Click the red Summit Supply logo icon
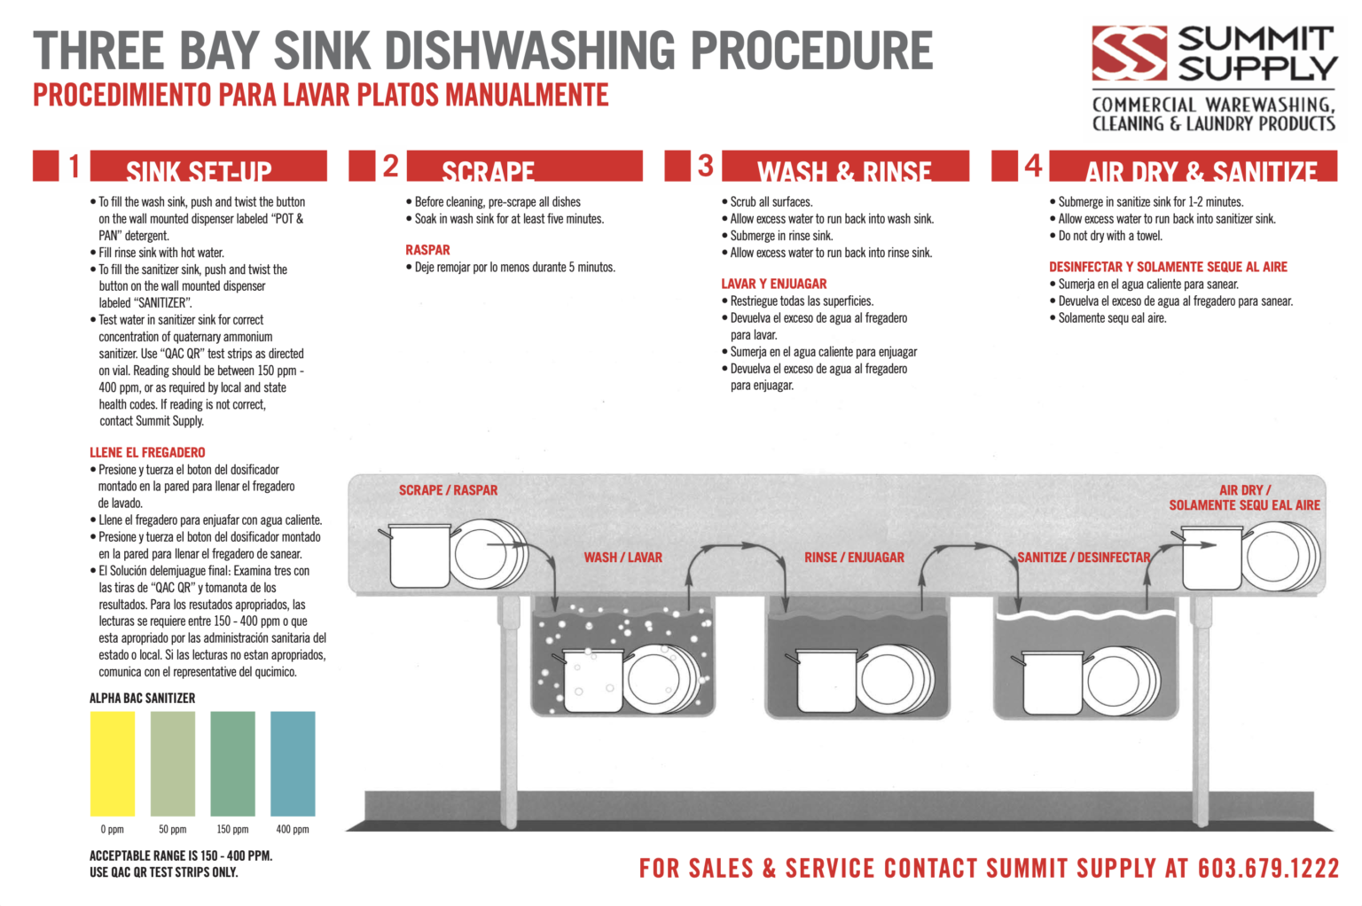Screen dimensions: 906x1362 (1129, 53)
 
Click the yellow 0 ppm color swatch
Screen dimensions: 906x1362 (113, 763)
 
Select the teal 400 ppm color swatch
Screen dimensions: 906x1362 (293, 763)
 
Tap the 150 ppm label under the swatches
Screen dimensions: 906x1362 (232, 830)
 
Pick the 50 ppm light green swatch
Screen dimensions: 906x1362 (173, 763)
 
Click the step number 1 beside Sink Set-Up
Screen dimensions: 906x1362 (74, 166)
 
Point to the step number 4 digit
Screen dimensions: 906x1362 (1033, 166)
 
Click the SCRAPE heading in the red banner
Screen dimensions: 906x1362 (488, 170)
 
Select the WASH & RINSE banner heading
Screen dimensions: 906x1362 (844, 170)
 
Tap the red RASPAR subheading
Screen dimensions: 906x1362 (427, 250)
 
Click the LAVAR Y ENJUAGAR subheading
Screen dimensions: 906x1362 (773, 284)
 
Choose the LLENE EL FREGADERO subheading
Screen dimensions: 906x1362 (147, 452)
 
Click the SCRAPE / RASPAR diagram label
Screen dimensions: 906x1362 (448, 490)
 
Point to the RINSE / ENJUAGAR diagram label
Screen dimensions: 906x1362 (854, 558)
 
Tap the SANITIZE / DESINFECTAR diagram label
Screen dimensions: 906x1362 (1084, 558)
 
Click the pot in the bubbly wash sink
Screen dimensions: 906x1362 (592, 681)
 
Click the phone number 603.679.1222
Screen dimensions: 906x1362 (1268, 868)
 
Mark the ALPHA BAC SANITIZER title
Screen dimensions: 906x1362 (142, 699)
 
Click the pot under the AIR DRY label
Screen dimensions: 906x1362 (1211, 558)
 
